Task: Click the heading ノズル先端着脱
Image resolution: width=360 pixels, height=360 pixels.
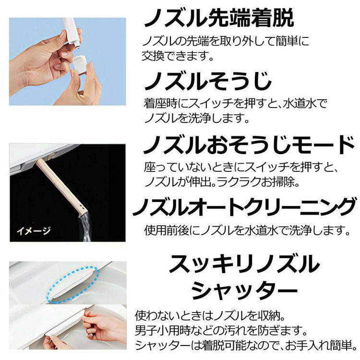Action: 218,19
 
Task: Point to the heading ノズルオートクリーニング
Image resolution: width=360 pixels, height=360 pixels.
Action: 244,207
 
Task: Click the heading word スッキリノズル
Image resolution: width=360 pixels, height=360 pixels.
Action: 245,264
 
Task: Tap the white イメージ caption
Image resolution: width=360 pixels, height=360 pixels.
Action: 33,230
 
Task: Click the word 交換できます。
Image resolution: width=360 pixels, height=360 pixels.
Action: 177,56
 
